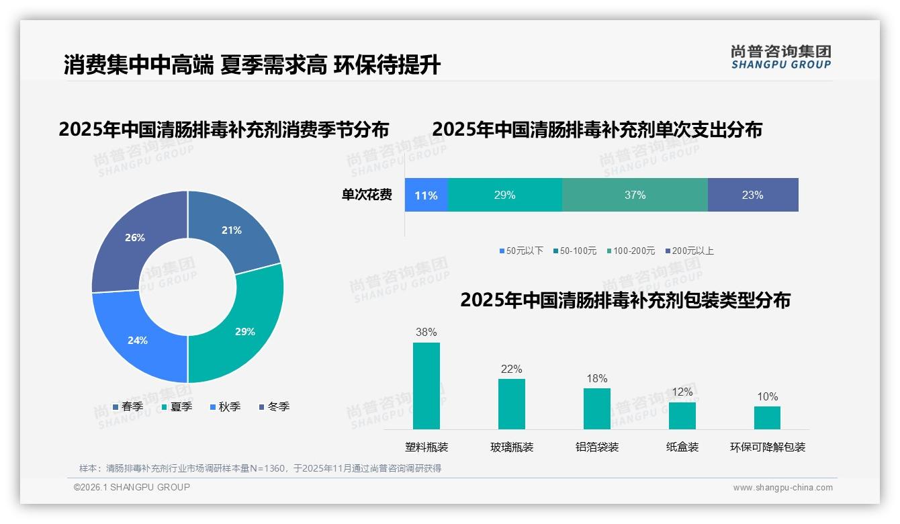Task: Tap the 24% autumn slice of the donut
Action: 134,336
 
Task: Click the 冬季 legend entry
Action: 274,406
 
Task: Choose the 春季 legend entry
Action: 128,406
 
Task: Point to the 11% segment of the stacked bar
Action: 426,195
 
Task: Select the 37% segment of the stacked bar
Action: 635,195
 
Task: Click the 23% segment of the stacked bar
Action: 752,195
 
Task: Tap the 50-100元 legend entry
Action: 575,251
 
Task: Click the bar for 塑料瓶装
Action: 426,386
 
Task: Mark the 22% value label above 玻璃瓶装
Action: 511,369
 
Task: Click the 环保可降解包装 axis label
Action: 768,447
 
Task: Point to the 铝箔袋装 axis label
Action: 597,447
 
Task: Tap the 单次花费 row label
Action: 367,195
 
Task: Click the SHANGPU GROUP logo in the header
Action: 780,57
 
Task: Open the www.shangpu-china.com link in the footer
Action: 782,487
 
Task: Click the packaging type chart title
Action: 625,300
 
